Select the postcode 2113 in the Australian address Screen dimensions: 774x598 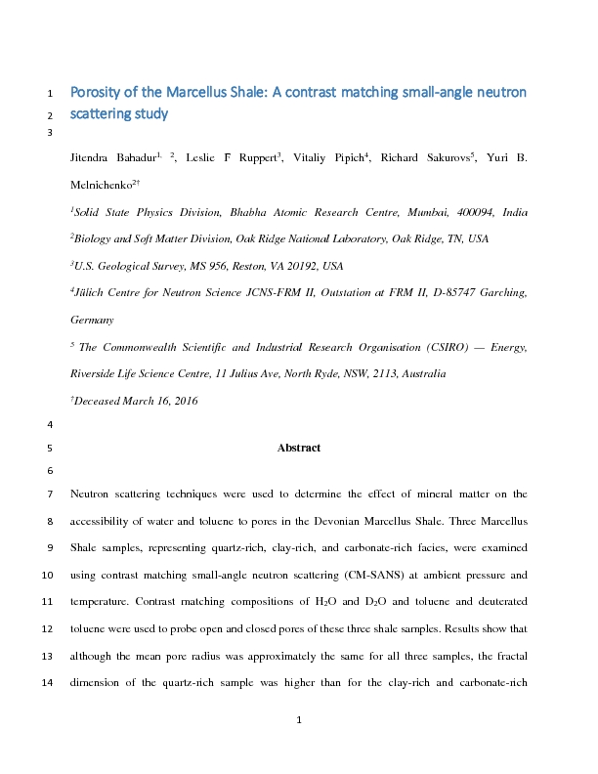[x=372, y=373]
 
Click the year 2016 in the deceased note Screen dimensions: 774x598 [x=184, y=401]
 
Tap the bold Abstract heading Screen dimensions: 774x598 [x=299, y=448]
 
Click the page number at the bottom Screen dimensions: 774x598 [x=299, y=721]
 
